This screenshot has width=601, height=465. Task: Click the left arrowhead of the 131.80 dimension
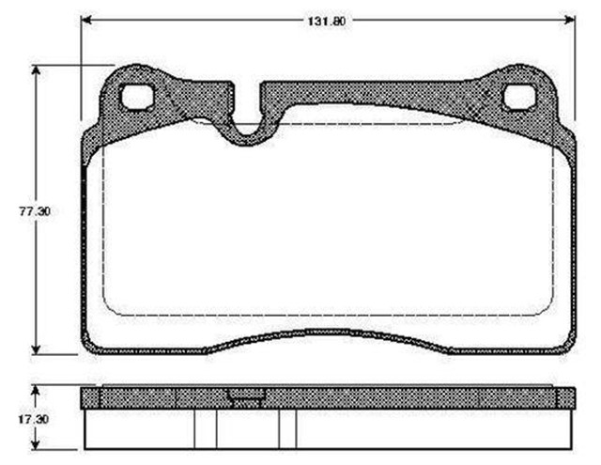pos(85,20)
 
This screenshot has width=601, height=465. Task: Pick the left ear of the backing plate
pos(131,94)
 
